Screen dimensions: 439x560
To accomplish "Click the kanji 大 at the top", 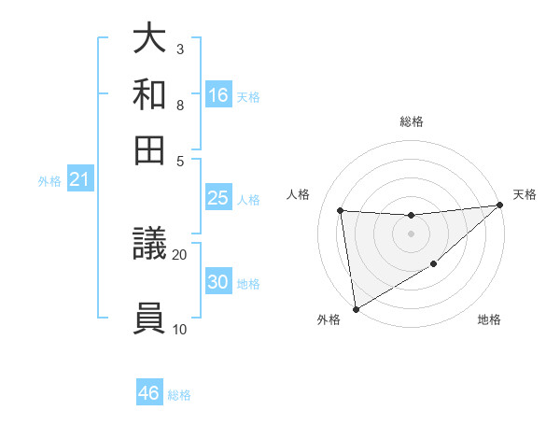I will [x=149, y=40].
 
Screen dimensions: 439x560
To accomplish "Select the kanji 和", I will [x=149, y=94].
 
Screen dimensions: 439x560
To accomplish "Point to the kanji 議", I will [x=149, y=247].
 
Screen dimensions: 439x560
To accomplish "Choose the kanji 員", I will [x=149, y=318].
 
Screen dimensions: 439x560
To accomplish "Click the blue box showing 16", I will [x=218, y=95].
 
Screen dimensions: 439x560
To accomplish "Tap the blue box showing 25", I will [x=217, y=198].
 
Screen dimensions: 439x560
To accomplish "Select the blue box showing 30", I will [x=217, y=282].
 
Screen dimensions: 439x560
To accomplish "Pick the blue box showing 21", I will [x=79, y=179].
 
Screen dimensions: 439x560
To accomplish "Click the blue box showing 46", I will [x=149, y=393].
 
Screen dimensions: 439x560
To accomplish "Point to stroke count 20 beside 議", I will [x=179, y=253].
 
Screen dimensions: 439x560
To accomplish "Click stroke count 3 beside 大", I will [x=179, y=49].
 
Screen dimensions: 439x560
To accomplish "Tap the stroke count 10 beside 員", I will [x=179, y=328].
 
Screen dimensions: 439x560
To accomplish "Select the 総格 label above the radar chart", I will [x=411, y=122].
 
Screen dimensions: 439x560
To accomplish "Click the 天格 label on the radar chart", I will [x=525, y=194].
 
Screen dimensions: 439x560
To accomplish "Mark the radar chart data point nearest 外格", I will [x=356, y=309].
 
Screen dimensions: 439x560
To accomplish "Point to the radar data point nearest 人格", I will [x=341, y=211].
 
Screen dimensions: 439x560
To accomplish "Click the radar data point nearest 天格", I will [x=500, y=205].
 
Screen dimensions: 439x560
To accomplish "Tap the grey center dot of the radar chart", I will [x=411, y=234].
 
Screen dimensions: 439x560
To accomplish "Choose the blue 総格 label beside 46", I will [x=179, y=395].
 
